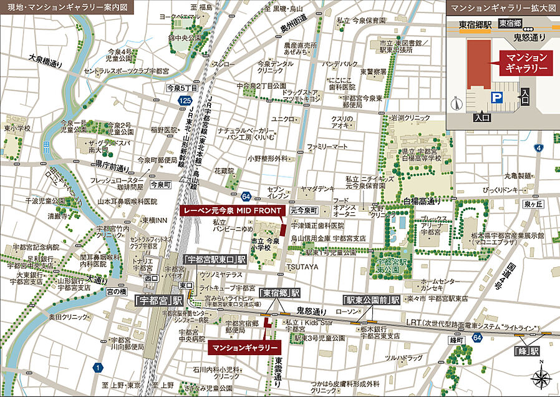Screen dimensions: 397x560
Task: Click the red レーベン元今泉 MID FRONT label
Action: click(x=231, y=211)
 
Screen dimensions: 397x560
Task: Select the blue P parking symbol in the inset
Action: click(x=497, y=97)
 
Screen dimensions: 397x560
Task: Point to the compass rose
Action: click(x=540, y=378)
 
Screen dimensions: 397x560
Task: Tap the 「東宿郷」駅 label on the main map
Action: click(x=279, y=293)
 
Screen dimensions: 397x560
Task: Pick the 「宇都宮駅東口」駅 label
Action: click(x=215, y=258)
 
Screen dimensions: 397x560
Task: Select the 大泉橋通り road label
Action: click(x=46, y=60)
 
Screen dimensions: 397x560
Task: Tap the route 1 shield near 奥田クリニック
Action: click(x=98, y=368)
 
